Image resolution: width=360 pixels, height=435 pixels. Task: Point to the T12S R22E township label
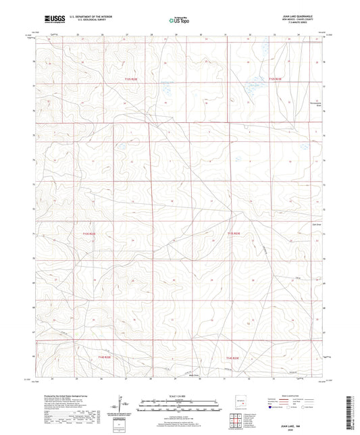click(x=134, y=80)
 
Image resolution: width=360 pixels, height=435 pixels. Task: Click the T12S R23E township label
click(x=278, y=80)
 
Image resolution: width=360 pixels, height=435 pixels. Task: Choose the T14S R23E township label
click(x=233, y=358)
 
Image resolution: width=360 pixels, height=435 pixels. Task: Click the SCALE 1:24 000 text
click(x=179, y=396)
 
